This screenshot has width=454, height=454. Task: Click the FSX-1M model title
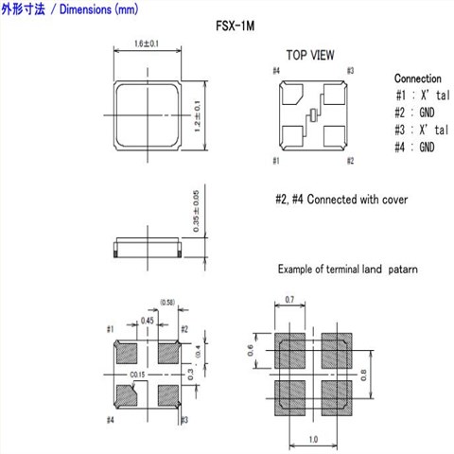pos(235,26)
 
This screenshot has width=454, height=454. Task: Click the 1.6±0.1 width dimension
pos(147,44)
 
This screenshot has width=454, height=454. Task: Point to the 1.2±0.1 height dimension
pos(197,116)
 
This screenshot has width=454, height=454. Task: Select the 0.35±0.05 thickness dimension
pos(196,211)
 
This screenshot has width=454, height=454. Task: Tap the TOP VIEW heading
pos(310,55)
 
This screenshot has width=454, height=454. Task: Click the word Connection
pos(418,79)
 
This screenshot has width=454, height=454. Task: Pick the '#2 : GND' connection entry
pos(414,113)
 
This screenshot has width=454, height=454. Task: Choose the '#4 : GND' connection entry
pos(414,147)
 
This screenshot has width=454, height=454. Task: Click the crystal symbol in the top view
pos(313,114)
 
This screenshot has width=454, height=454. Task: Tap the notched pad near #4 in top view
pos(291,94)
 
